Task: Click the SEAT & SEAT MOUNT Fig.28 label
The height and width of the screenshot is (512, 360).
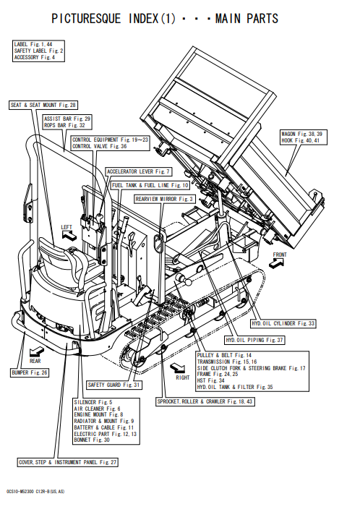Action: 43,105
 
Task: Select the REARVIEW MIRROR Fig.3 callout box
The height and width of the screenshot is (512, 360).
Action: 165,199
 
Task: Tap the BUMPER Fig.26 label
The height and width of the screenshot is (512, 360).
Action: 30,372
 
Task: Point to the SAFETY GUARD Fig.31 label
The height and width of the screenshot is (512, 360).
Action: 114,385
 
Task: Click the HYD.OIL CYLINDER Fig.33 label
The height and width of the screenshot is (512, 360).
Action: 283,323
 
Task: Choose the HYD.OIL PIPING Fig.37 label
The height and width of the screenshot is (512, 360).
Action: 254,340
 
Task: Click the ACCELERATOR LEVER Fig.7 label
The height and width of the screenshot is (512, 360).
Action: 138,172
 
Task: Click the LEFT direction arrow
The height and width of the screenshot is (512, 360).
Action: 69,235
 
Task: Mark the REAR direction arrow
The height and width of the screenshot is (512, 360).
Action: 36,351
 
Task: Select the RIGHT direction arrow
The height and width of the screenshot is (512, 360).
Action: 179,367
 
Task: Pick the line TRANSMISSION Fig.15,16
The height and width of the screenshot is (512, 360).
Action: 227,362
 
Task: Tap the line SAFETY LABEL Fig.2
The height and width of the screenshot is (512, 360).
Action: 38,51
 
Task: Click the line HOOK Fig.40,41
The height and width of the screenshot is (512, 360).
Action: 300,141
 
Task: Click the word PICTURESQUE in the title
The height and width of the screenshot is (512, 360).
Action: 86,18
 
